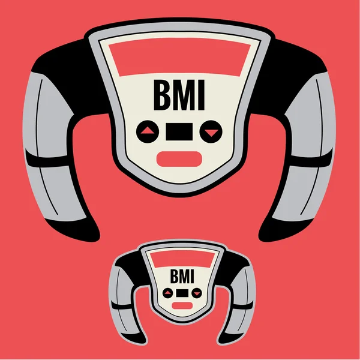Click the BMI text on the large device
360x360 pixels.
pos(179,95)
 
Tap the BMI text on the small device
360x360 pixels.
pos(182,276)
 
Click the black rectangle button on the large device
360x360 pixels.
pos(179,131)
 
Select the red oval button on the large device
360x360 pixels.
pos(179,159)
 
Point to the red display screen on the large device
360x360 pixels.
pos(179,58)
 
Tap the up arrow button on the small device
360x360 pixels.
pos(167,293)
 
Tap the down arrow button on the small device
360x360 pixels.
pos(197,293)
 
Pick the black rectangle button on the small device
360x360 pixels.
pos(182,293)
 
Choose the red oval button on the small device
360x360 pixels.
pos(182,305)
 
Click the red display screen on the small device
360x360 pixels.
pos(182,259)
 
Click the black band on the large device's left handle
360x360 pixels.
pos(47,160)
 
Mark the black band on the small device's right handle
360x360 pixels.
pos(243,306)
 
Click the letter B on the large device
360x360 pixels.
pos(162,95)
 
